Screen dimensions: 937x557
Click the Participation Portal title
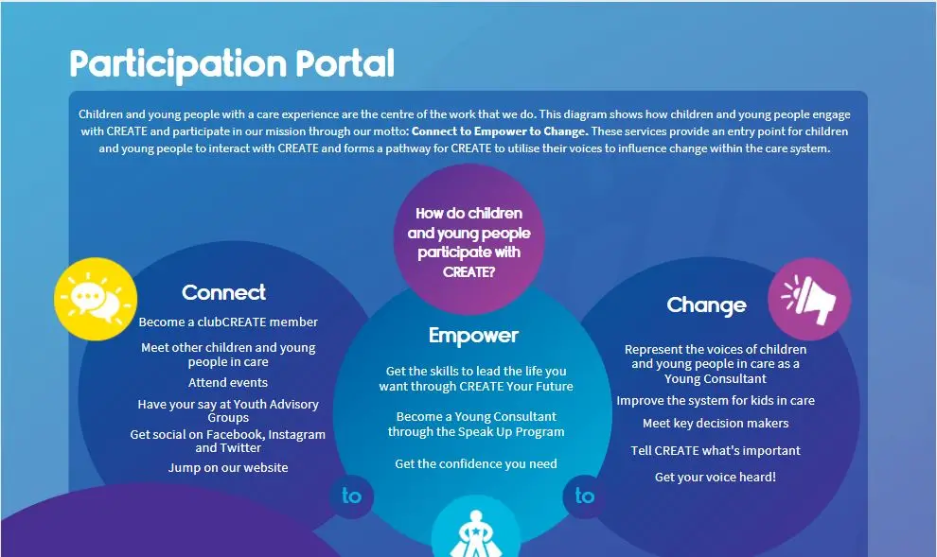click(x=232, y=64)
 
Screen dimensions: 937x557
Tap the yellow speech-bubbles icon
click(x=96, y=299)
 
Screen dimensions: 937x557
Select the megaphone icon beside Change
click(x=809, y=299)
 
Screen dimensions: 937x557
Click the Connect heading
click(x=224, y=292)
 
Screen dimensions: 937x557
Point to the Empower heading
click(x=473, y=336)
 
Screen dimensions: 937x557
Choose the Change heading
click(x=706, y=305)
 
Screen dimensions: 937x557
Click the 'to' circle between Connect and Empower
click(x=351, y=496)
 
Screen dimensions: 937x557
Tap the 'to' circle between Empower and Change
click(x=584, y=496)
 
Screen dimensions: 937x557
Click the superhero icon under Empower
click(x=476, y=531)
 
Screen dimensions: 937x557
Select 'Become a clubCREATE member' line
click(x=228, y=322)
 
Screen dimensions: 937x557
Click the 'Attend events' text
click(x=228, y=383)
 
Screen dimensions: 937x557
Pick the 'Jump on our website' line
click(x=228, y=467)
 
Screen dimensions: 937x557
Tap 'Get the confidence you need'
click(x=476, y=464)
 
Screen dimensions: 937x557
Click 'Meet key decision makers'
click(x=716, y=424)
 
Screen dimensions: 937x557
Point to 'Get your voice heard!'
click(x=716, y=477)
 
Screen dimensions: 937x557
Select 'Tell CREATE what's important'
click(x=716, y=451)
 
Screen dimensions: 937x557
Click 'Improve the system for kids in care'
click(x=716, y=401)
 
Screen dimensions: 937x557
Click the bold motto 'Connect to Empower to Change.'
click(x=500, y=131)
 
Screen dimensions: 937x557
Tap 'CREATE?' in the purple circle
click(x=469, y=272)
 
